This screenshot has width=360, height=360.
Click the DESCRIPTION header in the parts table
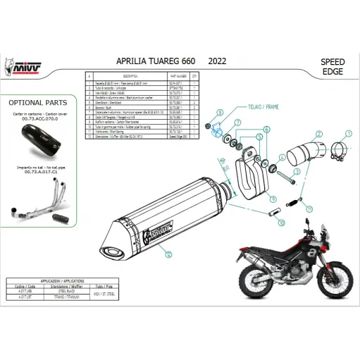129,73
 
